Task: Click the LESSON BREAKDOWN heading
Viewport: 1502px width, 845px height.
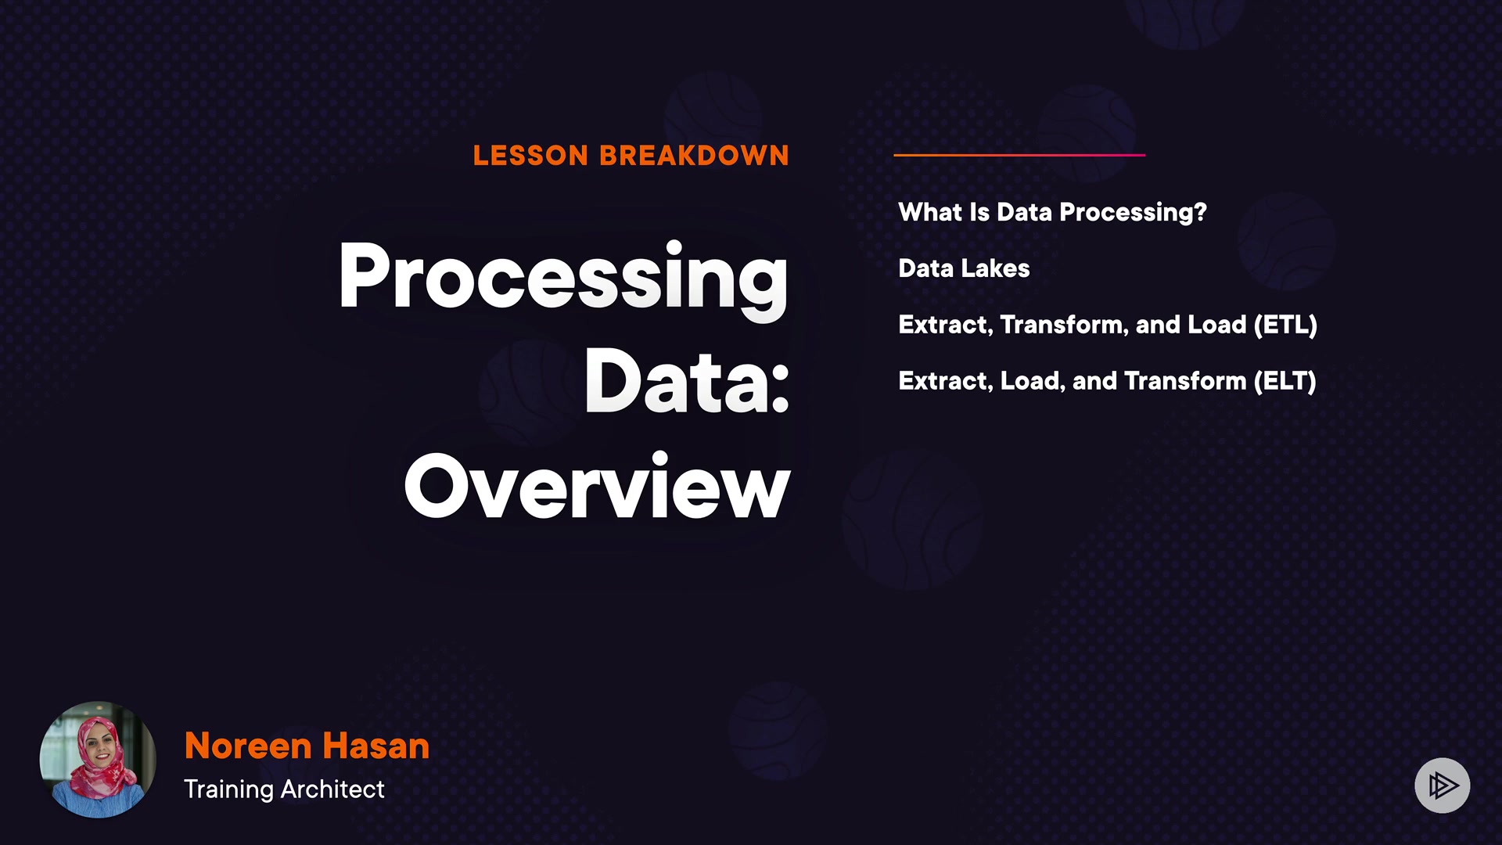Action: (631, 156)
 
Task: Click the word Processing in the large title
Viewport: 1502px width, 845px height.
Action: (563, 279)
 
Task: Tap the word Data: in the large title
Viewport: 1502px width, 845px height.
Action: (687, 381)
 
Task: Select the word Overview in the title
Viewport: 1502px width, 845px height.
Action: (597, 487)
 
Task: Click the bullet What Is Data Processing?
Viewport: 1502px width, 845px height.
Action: (1052, 213)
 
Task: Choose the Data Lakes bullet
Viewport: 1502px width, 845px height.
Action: (964, 268)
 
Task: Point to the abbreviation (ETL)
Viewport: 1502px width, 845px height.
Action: (1285, 325)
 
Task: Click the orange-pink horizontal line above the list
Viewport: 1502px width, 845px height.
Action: (1019, 155)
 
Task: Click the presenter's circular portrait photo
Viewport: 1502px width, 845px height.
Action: (98, 759)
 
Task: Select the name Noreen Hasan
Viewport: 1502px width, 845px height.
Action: (307, 746)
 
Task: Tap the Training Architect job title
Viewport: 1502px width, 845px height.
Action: (284, 789)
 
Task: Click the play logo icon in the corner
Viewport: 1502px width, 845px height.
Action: (1442, 785)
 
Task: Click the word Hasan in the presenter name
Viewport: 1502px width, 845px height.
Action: (375, 746)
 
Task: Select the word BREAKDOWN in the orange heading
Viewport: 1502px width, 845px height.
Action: (694, 156)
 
